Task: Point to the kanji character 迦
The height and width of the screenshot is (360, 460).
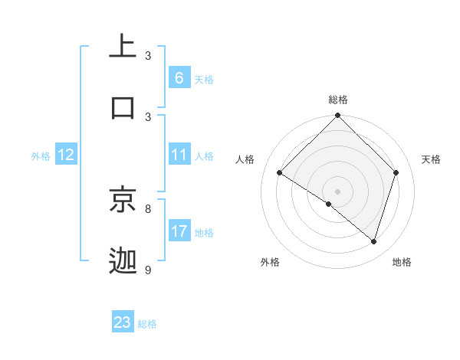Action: tap(123, 260)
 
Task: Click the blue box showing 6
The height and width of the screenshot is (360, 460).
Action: tap(179, 77)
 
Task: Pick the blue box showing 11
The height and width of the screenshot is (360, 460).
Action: tap(179, 155)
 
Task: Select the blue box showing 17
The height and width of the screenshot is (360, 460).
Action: tap(179, 231)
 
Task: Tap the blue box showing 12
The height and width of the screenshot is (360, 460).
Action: tap(66, 155)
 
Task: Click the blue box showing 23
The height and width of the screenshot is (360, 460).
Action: tap(123, 322)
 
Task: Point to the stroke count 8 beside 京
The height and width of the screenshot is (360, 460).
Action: tap(148, 208)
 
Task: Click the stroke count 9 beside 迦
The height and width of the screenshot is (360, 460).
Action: tap(148, 270)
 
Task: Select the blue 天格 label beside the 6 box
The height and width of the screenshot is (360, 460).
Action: tap(204, 79)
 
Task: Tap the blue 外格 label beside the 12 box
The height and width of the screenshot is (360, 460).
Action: tap(41, 155)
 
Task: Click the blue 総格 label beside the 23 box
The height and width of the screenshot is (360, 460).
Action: tap(147, 324)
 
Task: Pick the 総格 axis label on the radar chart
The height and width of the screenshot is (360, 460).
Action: tap(338, 100)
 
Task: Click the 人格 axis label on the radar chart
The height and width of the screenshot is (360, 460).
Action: tap(245, 159)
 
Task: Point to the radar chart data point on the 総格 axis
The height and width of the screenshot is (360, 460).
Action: tap(338, 116)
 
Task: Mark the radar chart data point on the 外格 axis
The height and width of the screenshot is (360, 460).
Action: tap(329, 204)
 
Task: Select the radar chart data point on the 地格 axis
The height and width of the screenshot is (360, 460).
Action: tap(374, 241)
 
